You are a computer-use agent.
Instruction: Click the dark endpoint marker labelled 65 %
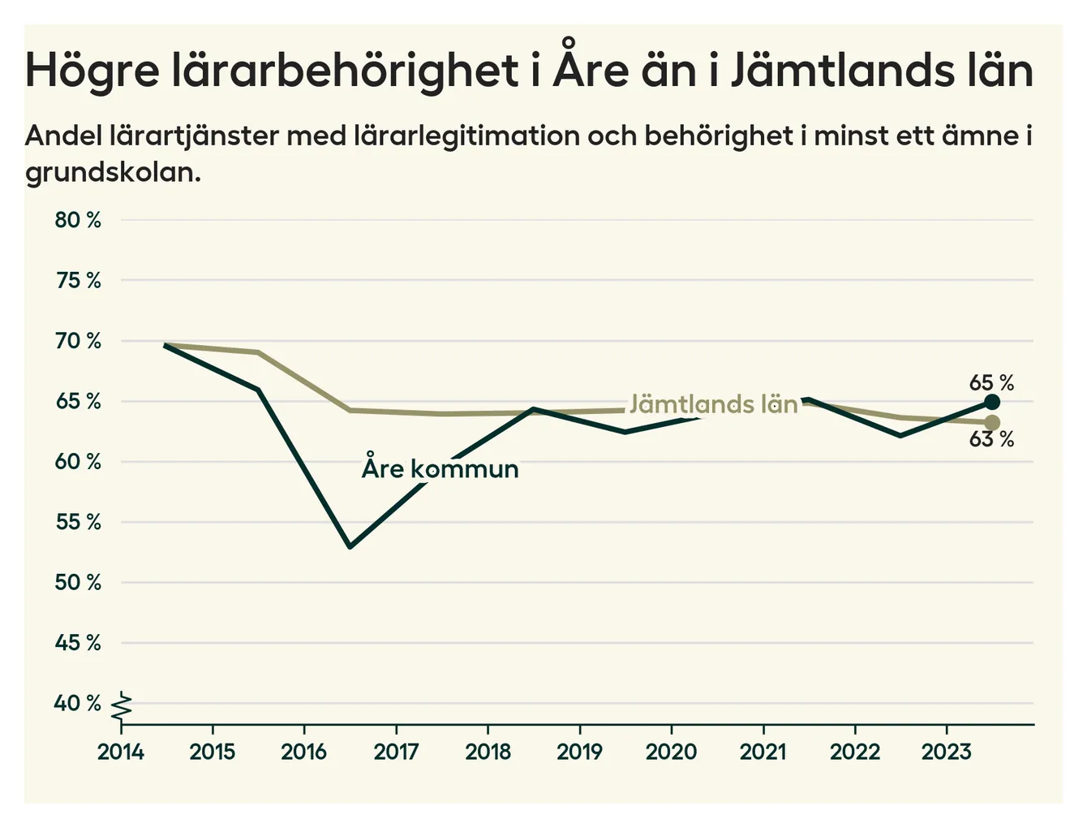tap(991, 402)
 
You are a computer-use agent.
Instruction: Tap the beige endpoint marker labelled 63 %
tap(991, 422)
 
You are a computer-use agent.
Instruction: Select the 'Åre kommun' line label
tap(440, 468)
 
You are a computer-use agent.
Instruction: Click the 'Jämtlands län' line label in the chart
tap(714, 404)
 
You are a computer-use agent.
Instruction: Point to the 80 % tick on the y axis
tap(78, 220)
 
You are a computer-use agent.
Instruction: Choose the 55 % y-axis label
tap(78, 522)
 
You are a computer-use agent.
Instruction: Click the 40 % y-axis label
tap(78, 703)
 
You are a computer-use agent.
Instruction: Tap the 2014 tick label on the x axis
tap(121, 752)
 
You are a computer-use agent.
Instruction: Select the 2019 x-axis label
tap(579, 752)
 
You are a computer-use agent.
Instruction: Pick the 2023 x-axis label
tap(946, 752)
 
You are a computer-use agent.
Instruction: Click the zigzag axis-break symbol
tap(122, 705)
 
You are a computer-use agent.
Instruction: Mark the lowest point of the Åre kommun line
tap(350, 546)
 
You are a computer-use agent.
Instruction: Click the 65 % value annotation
tap(991, 382)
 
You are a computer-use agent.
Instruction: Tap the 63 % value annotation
tap(991, 440)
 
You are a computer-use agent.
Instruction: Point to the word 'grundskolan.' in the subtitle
tap(113, 172)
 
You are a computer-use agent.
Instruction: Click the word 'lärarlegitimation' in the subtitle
tap(466, 136)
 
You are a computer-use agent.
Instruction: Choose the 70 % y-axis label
tap(78, 341)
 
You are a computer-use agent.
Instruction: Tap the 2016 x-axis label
tap(304, 752)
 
